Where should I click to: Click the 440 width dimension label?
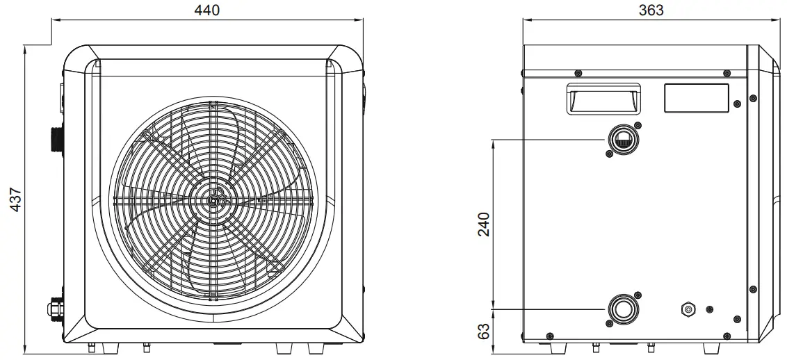click(206, 10)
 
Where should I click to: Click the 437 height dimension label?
click(15, 199)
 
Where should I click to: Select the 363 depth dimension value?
click(651, 10)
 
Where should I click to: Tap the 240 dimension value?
click(483, 224)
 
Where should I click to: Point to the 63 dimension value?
click(483, 331)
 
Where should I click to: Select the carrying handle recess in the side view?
click(603, 99)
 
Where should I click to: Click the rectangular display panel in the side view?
click(696, 98)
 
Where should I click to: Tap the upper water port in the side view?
click(624, 140)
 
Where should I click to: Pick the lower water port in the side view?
click(624, 309)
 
